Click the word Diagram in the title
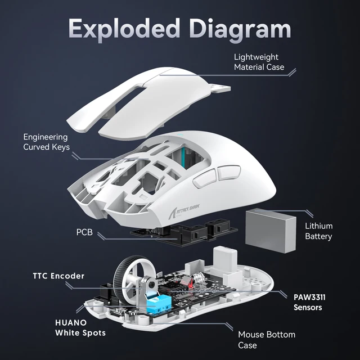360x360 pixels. [244, 26]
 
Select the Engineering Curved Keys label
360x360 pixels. [46, 142]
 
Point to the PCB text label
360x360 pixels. [85, 232]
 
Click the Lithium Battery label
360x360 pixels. [318, 231]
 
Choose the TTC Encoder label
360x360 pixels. [58, 276]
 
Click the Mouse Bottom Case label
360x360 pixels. [266, 340]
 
